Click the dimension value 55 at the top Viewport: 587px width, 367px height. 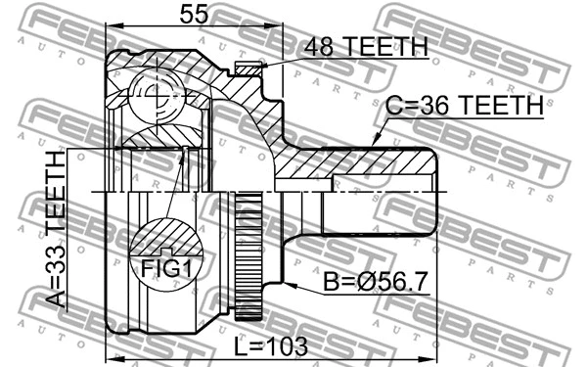(194, 15)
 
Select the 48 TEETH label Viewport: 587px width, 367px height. (366, 46)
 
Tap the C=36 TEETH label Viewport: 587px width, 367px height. (463, 106)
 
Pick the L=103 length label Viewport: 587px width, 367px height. (270, 345)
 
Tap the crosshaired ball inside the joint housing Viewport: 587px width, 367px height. (156, 94)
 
